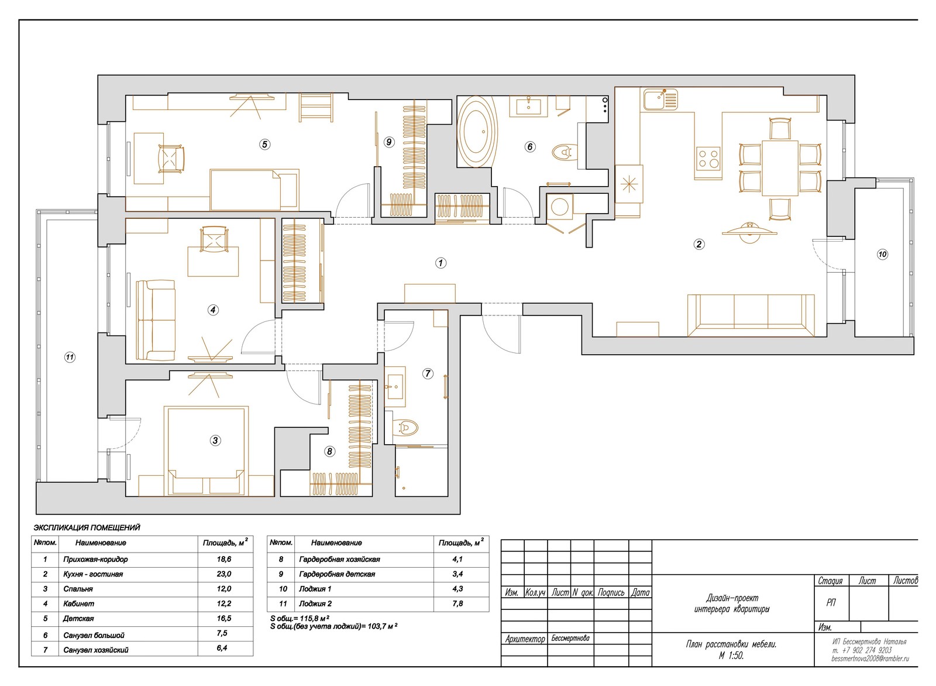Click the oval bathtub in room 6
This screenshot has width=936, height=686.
point(478,132)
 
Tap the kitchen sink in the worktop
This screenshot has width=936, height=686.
point(660,99)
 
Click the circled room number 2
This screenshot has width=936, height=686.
point(698,243)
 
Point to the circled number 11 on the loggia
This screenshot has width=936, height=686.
point(70,358)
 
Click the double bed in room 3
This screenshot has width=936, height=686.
point(207,451)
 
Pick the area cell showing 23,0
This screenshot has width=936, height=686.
point(224,574)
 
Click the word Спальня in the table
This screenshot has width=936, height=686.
point(78,589)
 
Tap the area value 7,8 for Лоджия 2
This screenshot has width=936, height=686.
point(457,603)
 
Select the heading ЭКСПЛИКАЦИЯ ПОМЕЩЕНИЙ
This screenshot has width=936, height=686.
point(87,527)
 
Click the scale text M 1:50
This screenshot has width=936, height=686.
point(731,656)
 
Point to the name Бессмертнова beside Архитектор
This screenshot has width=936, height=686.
point(570,639)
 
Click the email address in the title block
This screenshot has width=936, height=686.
point(870,659)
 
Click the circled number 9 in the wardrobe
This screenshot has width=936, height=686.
point(389,142)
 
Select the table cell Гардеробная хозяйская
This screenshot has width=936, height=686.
point(339,560)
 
